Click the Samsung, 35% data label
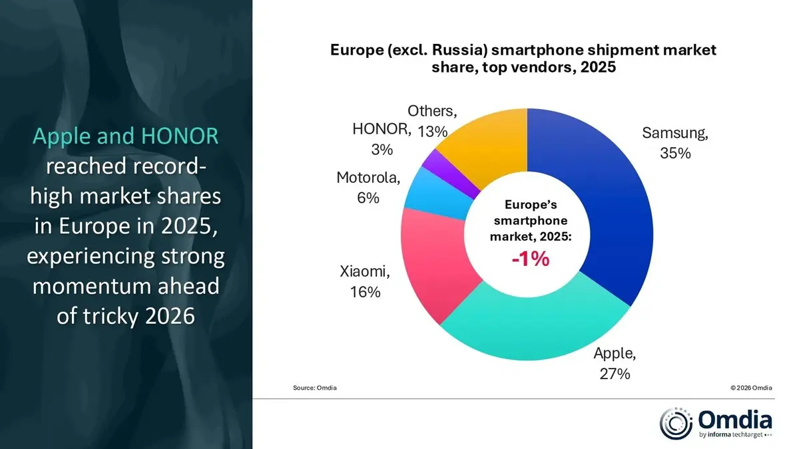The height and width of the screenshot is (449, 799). coord(674,143)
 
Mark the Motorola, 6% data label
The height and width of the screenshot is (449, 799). coord(368,188)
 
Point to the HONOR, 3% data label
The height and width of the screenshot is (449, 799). coord(382,138)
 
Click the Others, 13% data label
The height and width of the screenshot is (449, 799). coord(432,121)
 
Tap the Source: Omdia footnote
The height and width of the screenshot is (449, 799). coord(314,387)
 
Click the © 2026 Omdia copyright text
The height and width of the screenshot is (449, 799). coord(751,387)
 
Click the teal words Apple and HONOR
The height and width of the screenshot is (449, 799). coord(126,136)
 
